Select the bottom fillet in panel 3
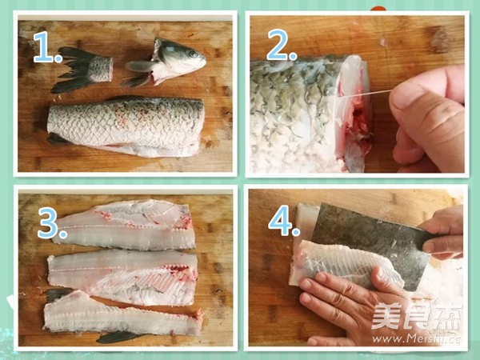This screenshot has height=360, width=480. pos(120,316)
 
